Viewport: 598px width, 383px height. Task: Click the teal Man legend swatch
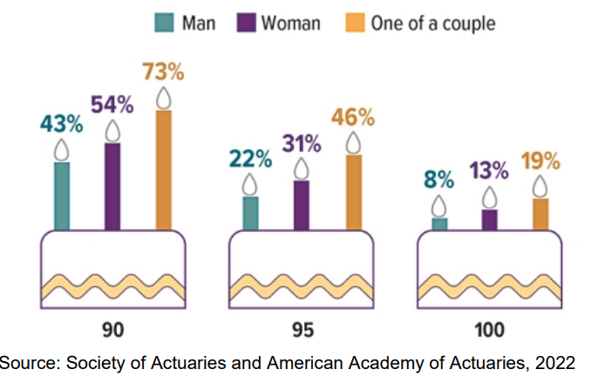click(163, 23)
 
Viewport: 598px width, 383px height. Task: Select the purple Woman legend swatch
click(247, 23)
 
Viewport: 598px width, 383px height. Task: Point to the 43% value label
click(61, 123)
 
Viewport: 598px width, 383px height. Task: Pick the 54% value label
click(112, 106)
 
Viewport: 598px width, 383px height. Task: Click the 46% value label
click(354, 117)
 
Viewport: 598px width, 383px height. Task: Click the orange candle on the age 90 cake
click(164, 169)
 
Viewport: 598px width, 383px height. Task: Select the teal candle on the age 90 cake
click(61, 195)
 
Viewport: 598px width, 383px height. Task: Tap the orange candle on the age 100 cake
click(541, 214)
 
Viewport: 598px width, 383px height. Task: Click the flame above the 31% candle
click(302, 168)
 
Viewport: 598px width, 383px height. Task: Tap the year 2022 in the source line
click(556, 362)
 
